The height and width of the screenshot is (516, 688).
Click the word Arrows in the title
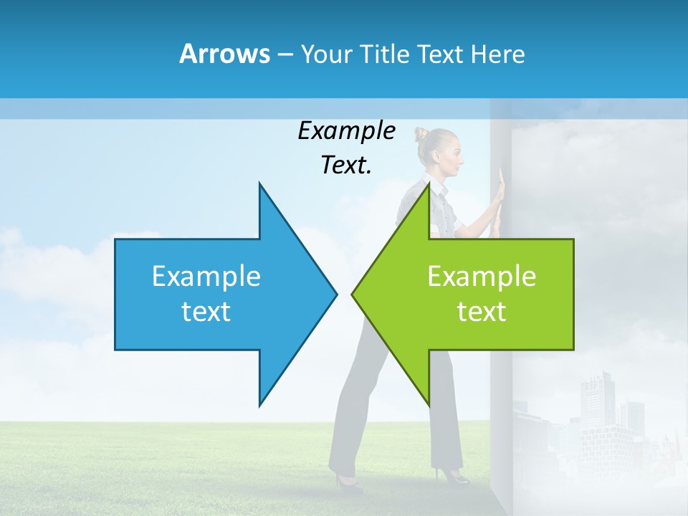click(224, 54)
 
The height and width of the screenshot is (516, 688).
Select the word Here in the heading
click(497, 54)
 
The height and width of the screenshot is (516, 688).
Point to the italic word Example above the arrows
click(346, 130)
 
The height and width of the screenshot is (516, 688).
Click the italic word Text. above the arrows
click(346, 165)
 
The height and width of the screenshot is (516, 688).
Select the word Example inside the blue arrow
click(206, 277)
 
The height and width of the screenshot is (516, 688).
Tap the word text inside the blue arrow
click(206, 311)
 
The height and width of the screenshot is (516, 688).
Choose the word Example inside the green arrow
click(482, 277)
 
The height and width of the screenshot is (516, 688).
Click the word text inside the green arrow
click(482, 311)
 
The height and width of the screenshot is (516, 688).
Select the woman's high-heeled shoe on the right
click(453, 475)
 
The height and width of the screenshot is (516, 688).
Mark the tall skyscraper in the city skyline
click(596, 401)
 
